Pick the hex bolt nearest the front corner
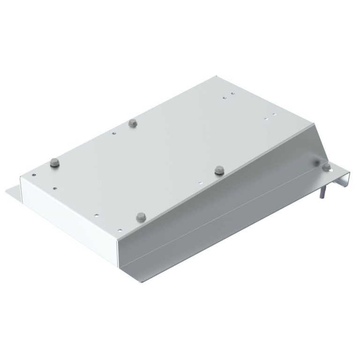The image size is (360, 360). coord(141,217)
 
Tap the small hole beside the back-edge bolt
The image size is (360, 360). coord(114,133)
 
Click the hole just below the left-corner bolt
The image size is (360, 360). coord(55,188)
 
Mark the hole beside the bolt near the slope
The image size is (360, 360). coord(200,183)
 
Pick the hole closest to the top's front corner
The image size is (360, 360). coord(120,229)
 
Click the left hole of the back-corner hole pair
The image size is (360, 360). coord(225,98)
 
